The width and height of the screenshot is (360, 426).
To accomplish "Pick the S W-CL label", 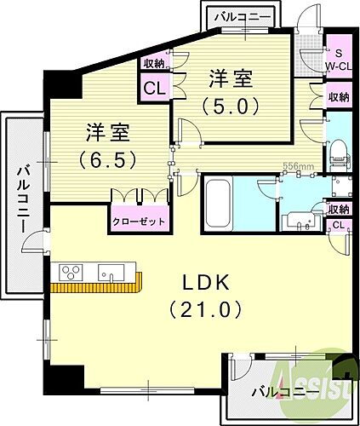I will (x=338, y=56).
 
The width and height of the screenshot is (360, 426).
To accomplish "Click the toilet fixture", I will (x=340, y=152).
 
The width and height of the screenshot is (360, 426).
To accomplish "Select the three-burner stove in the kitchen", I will (x=70, y=273).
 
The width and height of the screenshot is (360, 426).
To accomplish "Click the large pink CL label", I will (x=154, y=88).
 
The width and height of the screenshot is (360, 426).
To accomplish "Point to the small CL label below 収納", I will (x=337, y=225).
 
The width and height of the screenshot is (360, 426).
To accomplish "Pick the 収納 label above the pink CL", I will (x=154, y=63).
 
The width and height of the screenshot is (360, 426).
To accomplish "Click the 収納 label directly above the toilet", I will (x=338, y=98).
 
